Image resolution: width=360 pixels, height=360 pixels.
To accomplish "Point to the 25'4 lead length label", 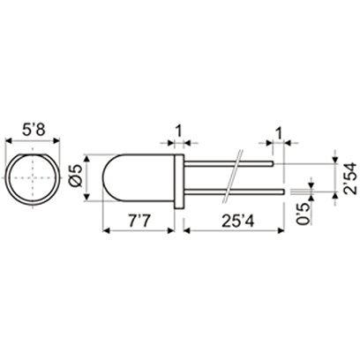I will click(231, 217).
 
